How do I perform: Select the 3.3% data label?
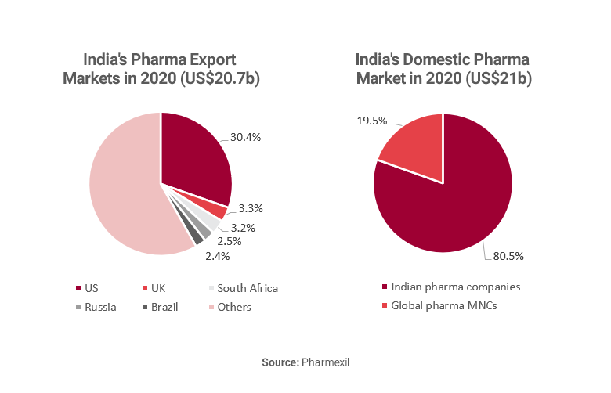click(x=251, y=208)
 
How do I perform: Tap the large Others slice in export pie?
click(x=125, y=188)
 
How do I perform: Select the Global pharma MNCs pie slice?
click(x=415, y=149)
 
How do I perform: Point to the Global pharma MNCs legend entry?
click(x=443, y=305)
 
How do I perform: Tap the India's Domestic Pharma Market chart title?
click(x=443, y=69)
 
